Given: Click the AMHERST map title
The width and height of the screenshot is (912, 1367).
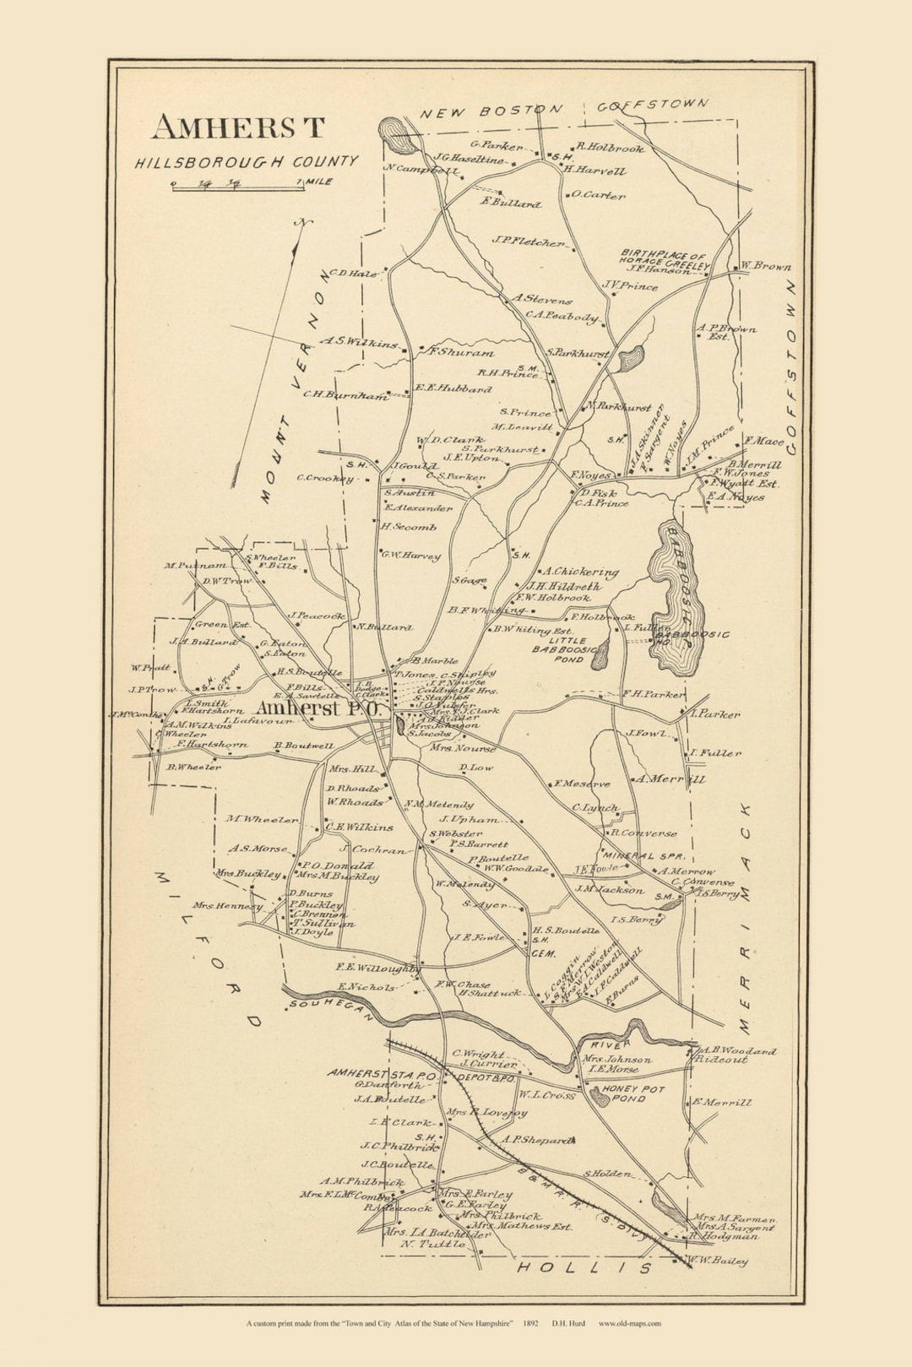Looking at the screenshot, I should [238, 127].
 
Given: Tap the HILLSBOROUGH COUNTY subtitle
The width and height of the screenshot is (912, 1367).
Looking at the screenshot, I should [247, 161].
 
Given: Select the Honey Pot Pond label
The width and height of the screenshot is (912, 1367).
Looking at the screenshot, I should [633, 1093].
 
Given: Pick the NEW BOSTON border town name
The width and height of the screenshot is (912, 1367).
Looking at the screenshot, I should [491, 111].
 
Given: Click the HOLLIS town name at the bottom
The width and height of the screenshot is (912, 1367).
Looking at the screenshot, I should [584, 1267].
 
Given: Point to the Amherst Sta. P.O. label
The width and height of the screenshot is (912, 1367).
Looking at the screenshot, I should [382, 1074].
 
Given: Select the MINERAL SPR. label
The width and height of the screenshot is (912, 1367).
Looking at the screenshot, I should [643, 855].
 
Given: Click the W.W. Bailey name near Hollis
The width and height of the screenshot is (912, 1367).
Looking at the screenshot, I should [718, 1261].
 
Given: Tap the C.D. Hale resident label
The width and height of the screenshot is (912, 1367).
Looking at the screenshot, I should [353, 274].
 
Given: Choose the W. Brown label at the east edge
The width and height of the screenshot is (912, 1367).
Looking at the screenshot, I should [766, 267].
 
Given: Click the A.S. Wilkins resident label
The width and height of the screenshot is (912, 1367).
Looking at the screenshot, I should [360, 343].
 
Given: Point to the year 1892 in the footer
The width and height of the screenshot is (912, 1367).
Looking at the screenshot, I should [531, 1323].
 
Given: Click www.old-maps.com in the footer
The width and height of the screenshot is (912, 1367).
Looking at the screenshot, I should [629, 1323].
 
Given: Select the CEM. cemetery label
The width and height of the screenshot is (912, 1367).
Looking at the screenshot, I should [542, 952].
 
